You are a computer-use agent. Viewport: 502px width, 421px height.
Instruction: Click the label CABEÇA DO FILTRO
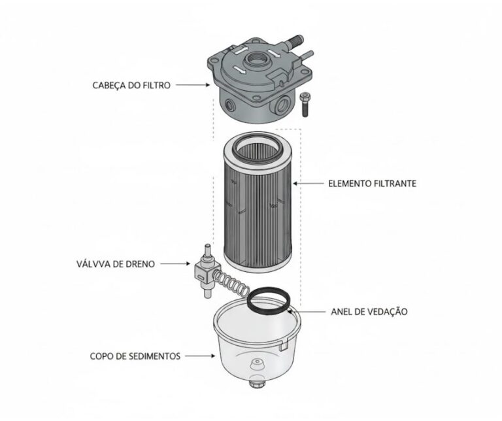(131, 86)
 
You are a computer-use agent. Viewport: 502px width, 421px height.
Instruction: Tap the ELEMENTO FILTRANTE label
(373, 184)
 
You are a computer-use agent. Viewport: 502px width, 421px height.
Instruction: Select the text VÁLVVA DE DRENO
(116, 264)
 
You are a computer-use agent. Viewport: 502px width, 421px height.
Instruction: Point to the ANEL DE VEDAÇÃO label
(369, 312)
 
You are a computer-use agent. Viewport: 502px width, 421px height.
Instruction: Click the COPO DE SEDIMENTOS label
(135, 356)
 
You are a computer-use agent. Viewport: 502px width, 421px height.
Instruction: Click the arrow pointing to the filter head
(193, 85)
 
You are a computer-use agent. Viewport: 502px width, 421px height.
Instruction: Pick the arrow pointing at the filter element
(309, 184)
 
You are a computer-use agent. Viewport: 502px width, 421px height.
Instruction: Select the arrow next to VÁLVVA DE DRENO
(175, 264)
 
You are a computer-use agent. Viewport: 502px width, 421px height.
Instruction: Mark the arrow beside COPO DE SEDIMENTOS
(200, 356)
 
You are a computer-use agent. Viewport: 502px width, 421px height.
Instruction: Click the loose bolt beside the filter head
(304, 105)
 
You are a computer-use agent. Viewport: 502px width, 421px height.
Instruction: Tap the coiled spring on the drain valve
(231, 282)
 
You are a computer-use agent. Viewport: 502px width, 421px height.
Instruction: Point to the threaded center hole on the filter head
(256, 59)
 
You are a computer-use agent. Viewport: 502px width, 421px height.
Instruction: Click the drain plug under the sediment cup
(257, 383)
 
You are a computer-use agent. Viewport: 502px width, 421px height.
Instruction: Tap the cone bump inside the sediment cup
(257, 365)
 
